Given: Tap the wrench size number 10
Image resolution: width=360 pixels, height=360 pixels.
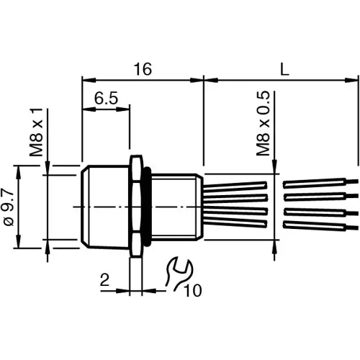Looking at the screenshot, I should pyautogui.click(x=193, y=290).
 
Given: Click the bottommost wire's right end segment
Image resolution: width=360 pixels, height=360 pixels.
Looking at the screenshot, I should pyautogui.click(x=320, y=226).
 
